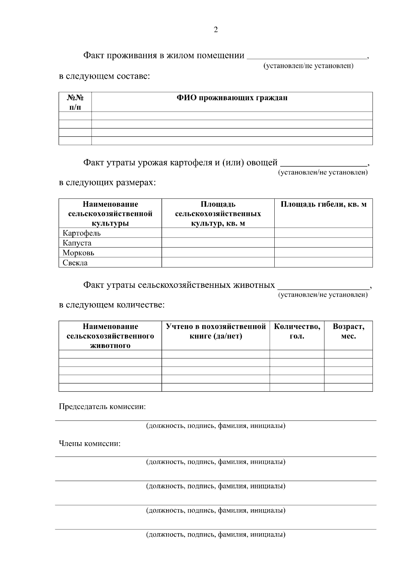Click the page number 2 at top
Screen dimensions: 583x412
[x=216, y=30]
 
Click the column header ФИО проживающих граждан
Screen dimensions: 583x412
[x=232, y=98]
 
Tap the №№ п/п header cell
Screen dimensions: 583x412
[x=75, y=102]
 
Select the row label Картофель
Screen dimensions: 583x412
[x=82, y=233]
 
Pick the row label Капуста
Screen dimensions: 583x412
[x=77, y=243]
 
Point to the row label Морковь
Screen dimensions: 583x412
[x=78, y=253]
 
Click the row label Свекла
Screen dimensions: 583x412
[x=75, y=263]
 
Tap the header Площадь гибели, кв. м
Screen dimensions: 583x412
[x=323, y=205]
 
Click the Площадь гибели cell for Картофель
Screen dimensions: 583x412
[x=323, y=233]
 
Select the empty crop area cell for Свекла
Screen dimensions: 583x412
[x=218, y=263]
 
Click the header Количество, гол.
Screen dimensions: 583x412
[x=297, y=331]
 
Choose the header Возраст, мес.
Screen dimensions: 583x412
[x=348, y=331]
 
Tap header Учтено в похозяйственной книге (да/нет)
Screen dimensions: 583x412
[x=216, y=331]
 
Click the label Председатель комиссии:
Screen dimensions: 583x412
[x=102, y=407]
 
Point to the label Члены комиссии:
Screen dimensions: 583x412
[x=90, y=444]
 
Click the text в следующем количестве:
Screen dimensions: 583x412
[x=112, y=305]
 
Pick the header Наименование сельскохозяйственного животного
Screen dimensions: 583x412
[x=110, y=336]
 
